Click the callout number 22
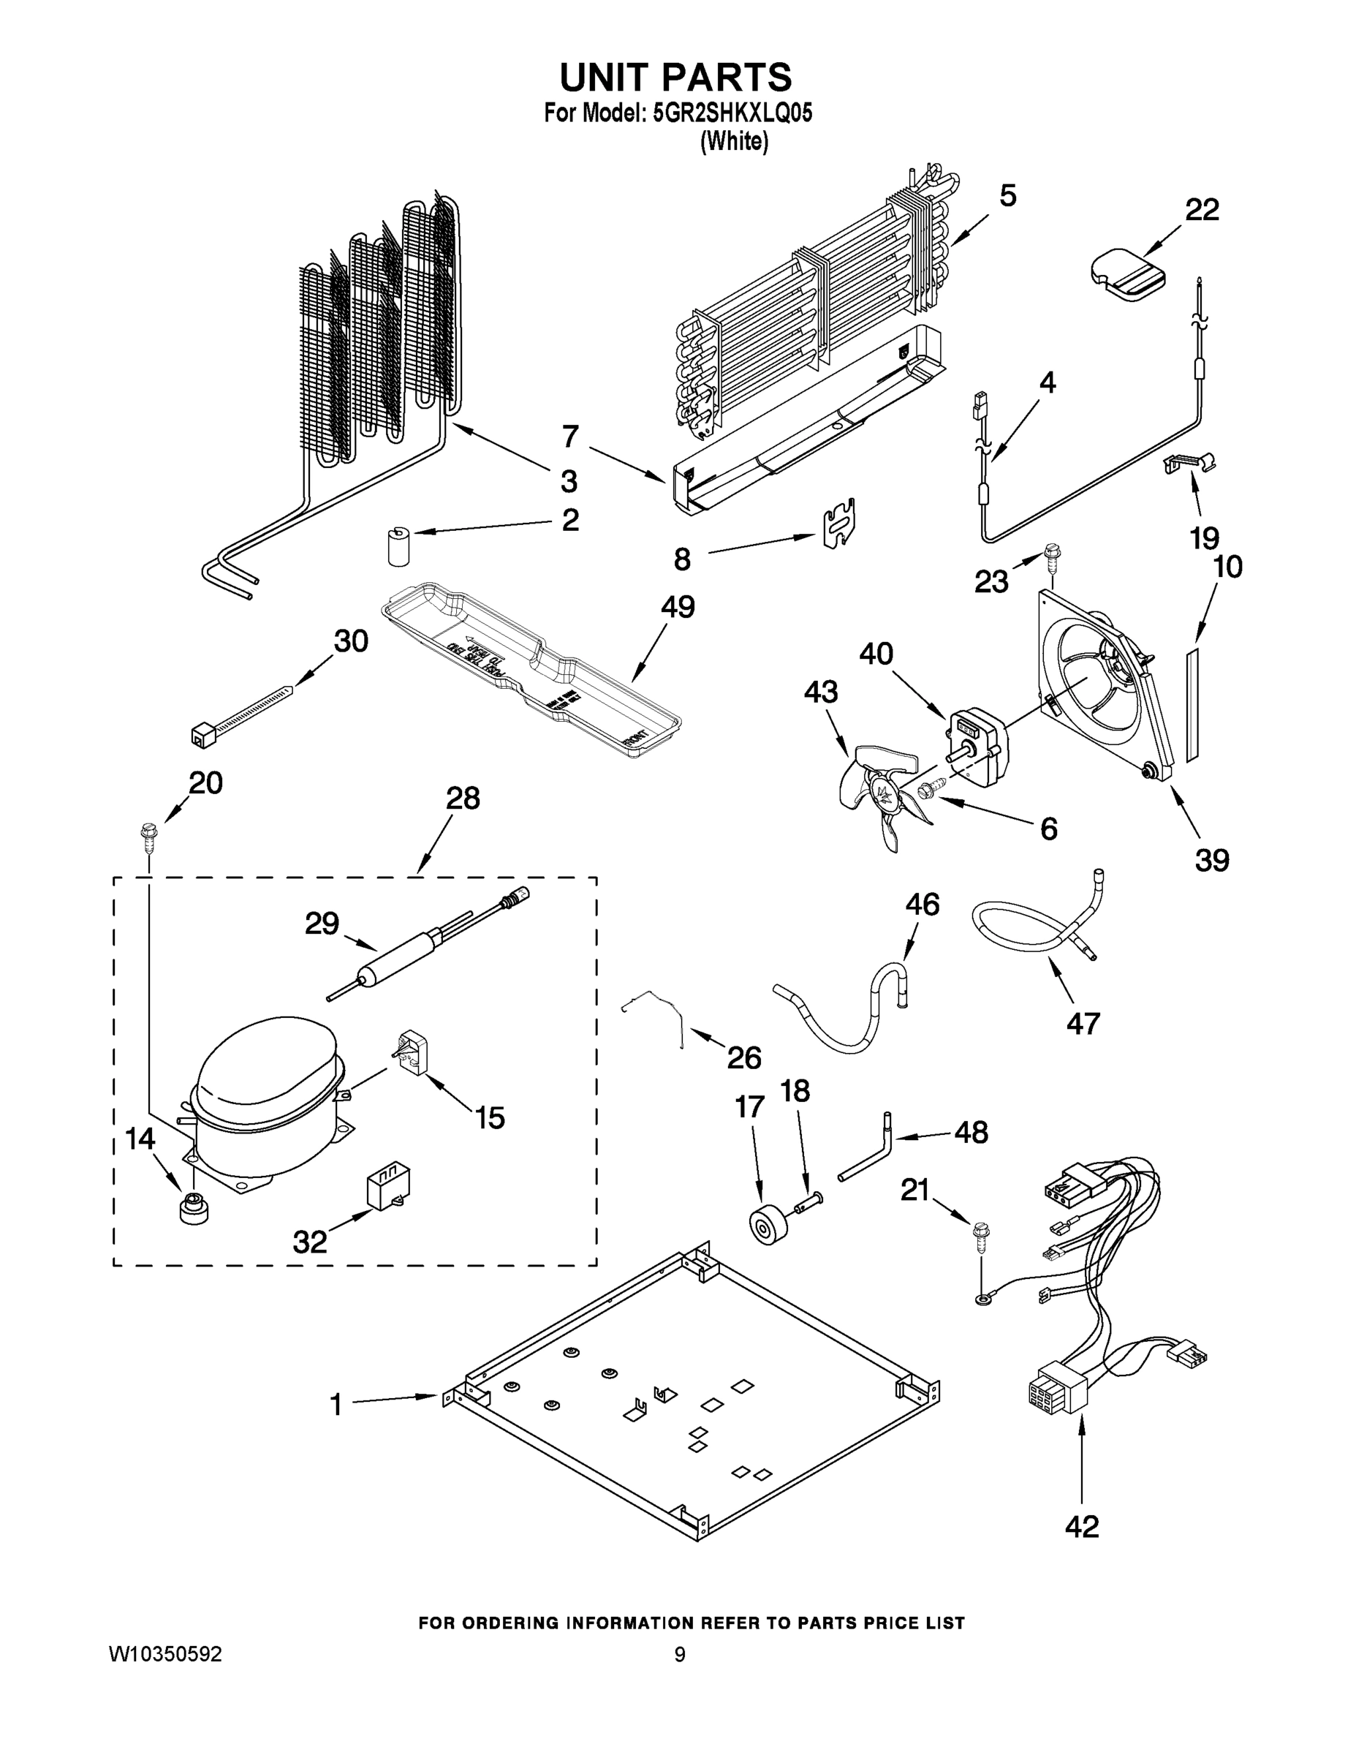[1202, 211]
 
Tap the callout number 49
[677, 607]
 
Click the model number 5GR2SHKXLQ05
[732, 113]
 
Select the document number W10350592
[165, 1654]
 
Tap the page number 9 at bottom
[680, 1654]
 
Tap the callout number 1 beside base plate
[336, 1405]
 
